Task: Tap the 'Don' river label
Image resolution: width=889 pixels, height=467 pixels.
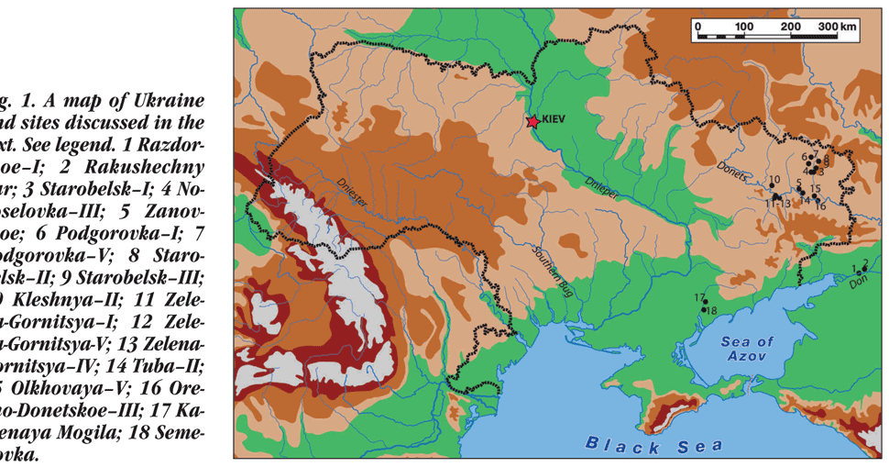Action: click(857, 282)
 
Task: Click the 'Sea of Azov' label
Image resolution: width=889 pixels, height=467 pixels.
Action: click(747, 348)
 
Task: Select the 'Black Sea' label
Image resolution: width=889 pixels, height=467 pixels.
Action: click(653, 446)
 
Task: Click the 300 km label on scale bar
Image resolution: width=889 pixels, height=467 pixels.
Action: click(837, 28)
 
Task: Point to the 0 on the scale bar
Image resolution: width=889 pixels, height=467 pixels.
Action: click(697, 28)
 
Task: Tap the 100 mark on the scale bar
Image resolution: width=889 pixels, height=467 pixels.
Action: click(743, 28)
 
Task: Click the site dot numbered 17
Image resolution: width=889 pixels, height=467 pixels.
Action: click(700, 304)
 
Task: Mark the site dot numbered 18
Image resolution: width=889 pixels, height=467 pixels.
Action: click(703, 311)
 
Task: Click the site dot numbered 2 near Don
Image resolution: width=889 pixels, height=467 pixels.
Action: click(863, 270)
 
